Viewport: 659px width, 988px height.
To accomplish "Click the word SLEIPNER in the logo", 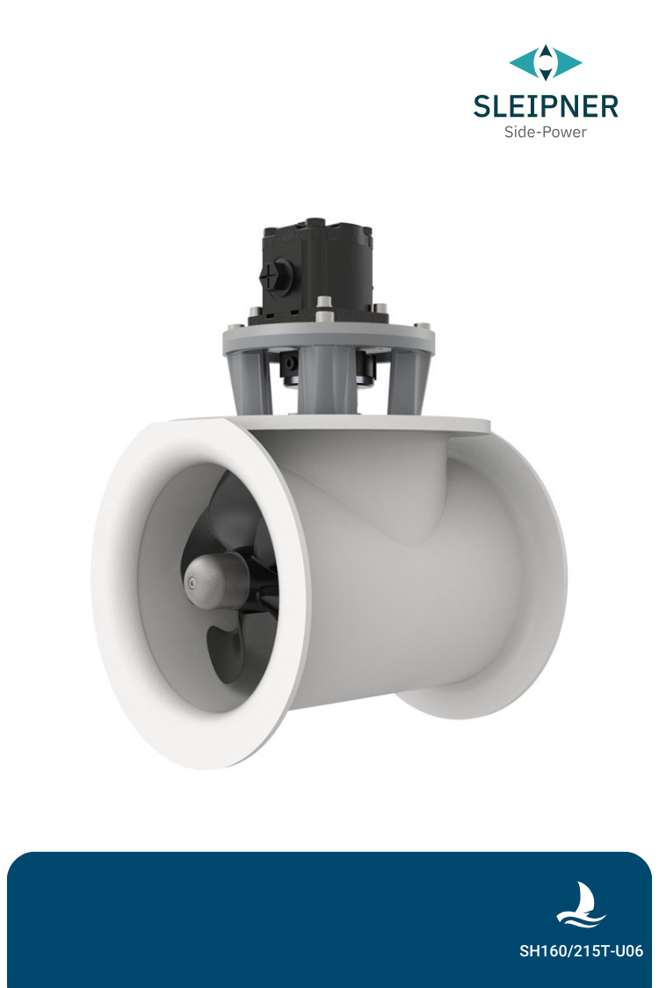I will (x=545, y=106).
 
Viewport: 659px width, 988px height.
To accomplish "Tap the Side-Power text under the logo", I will (x=545, y=133).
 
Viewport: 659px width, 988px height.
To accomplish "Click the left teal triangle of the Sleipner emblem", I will (x=523, y=62).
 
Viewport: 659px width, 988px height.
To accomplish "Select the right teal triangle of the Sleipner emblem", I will (x=568, y=62).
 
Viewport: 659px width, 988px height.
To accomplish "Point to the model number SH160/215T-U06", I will (x=581, y=951).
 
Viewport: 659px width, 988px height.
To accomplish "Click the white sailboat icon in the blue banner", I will (x=581, y=905).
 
